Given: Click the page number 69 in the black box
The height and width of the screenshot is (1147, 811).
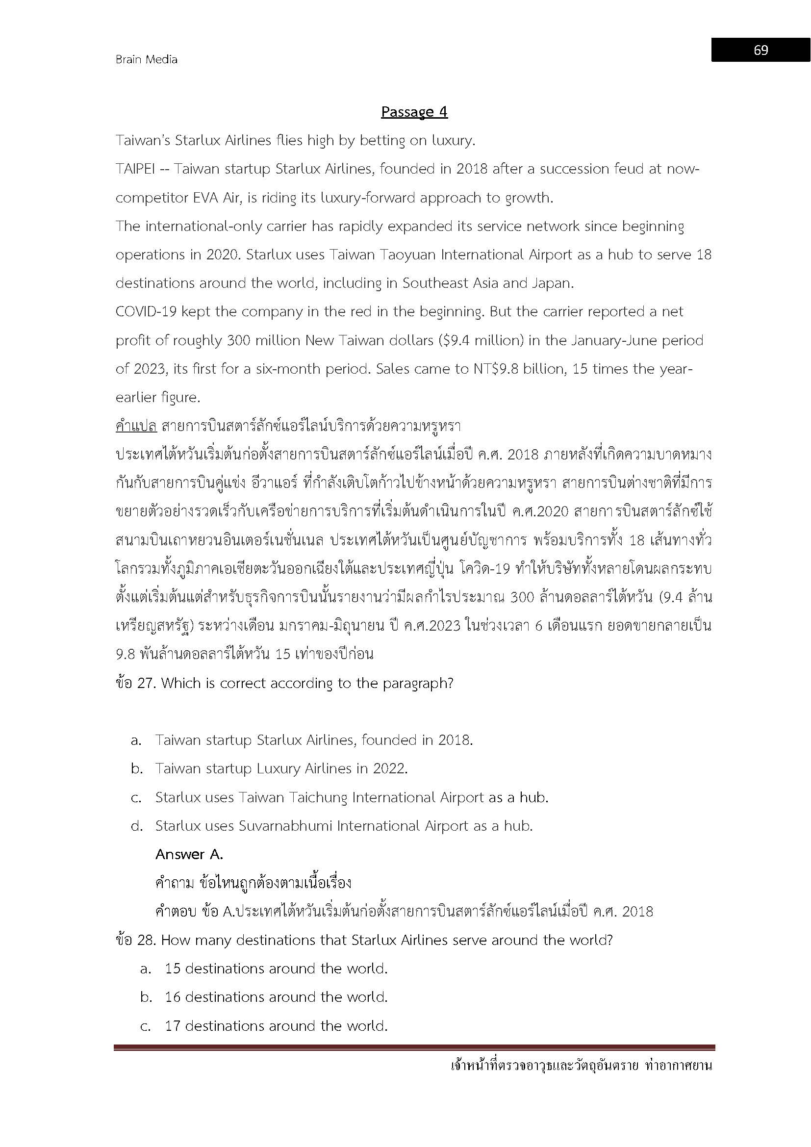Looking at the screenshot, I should (x=760, y=50).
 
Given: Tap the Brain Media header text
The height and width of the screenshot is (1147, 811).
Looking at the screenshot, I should (x=146, y=59).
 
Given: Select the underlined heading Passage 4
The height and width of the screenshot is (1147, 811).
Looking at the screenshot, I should (x=414, y=111).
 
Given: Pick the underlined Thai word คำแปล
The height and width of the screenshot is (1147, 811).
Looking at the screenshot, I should (x=136, y=426).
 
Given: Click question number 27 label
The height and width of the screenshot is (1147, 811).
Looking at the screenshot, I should (x=135, y=683).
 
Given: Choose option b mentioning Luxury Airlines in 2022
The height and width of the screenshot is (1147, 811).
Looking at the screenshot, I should (x=281, y=768).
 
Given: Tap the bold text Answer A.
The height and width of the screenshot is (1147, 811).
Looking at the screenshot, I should (x=189, y=854).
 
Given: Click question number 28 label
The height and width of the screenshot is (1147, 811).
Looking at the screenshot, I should (x=135, y=940).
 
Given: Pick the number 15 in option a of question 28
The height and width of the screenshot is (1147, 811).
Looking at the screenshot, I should (x=172, y=969).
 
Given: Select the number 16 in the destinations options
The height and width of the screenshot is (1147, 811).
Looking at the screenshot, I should (x=172, y=997).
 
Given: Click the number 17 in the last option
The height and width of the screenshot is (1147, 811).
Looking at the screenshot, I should (x=172, y=1026).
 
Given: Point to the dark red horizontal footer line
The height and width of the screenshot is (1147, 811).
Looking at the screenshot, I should (x=414, y=1047).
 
